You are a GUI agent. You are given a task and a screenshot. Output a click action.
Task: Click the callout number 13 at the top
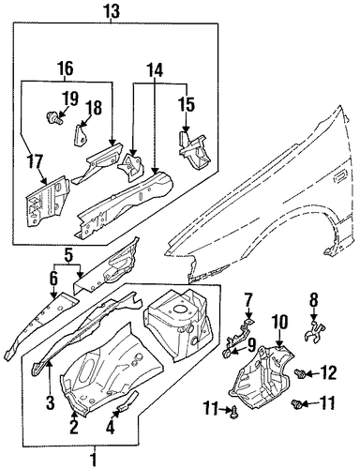(x=112, y=11)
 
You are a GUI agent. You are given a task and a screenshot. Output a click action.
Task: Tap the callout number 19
(x=70, y=99)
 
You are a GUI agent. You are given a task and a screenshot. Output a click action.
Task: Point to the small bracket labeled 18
(x=80, y=135)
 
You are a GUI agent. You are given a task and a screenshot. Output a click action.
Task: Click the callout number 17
(x=34, y=162)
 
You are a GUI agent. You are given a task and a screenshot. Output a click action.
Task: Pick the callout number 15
(x=187, y=104)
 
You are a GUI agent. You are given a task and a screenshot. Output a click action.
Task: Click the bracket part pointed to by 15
(x=195, y=151)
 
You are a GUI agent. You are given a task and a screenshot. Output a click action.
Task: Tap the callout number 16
(x=66, y=68)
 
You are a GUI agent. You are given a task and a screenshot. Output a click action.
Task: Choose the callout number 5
(x=68, y=255)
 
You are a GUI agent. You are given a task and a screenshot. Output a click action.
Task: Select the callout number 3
(x=51, y=402)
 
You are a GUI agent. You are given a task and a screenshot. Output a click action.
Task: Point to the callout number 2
(x=74, y=427)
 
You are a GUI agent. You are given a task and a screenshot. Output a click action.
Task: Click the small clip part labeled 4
(x=127, y=400)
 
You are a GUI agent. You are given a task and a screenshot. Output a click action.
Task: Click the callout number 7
(x=248, y=300)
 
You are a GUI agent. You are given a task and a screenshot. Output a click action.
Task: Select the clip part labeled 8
(x=314, y=331)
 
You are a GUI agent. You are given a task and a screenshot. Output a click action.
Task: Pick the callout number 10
(x=279, y=323)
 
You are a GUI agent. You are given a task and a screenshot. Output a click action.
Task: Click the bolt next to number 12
(x=300, y=373)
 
